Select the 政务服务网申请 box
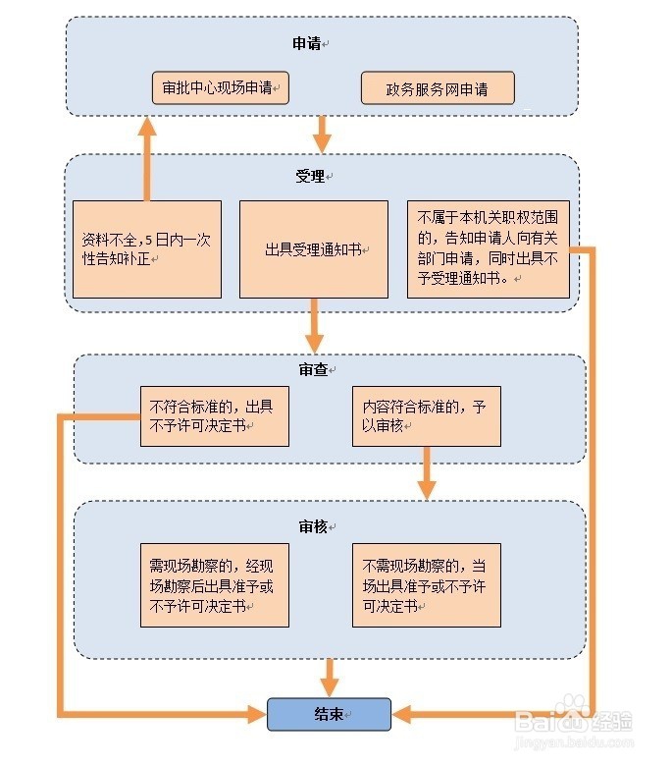tap(437, 88)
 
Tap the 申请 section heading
tap(307, 43)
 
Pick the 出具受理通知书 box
tap(314, 249)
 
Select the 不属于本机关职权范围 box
tap(488, 249)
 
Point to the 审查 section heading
tap(313, 369)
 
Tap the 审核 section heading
tap(313, 526)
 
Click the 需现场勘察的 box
tap(214, 585)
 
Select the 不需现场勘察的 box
tap(426, 585)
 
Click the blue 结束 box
tap(329, 714)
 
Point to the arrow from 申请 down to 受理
tap(322, 132)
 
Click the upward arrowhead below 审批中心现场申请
tap(147, 128)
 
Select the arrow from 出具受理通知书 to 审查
tap(314, 326)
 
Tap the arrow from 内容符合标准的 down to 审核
tap(426, 473)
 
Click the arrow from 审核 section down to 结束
tap(329, 679)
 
